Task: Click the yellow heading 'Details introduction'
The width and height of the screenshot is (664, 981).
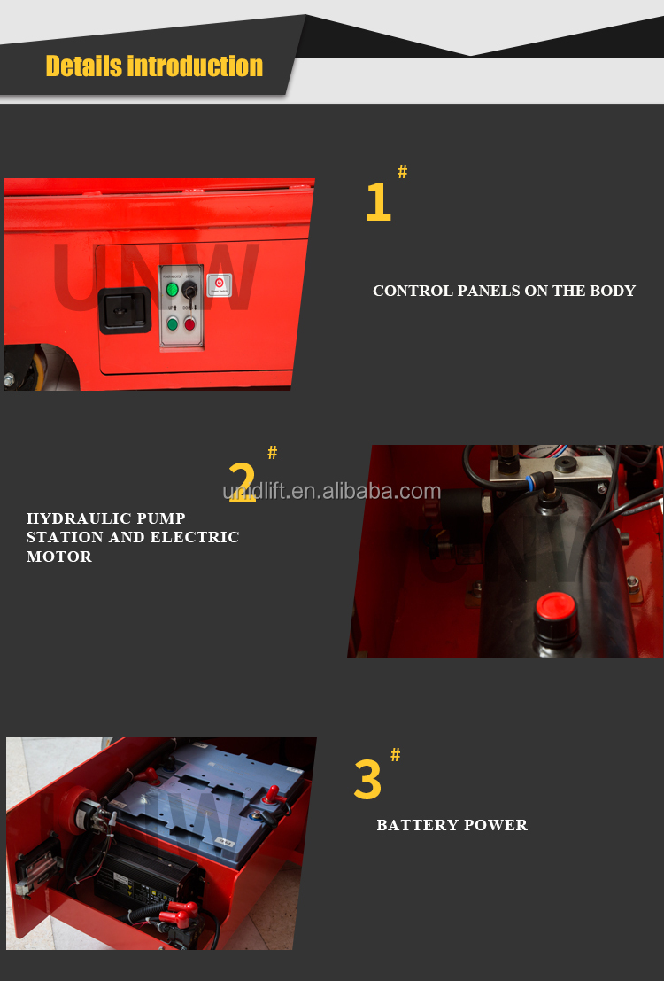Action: click(154, 66)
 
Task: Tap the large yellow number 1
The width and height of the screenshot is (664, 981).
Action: click(378, 202)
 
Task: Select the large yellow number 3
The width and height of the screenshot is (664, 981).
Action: click(367, 780)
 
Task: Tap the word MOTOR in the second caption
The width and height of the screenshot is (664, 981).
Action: click(58, 557)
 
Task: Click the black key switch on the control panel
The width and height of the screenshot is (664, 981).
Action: click(189, 290)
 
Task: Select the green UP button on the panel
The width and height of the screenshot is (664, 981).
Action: click(173, 323)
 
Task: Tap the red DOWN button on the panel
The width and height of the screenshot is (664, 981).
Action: click(189, 323)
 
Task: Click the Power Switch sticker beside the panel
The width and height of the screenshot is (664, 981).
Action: click(218, 285)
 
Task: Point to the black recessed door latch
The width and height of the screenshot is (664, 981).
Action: click(125, 310)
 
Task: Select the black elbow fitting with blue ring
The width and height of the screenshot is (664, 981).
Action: click(539, 483)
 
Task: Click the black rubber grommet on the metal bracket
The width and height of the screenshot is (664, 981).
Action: click(566, 463)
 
